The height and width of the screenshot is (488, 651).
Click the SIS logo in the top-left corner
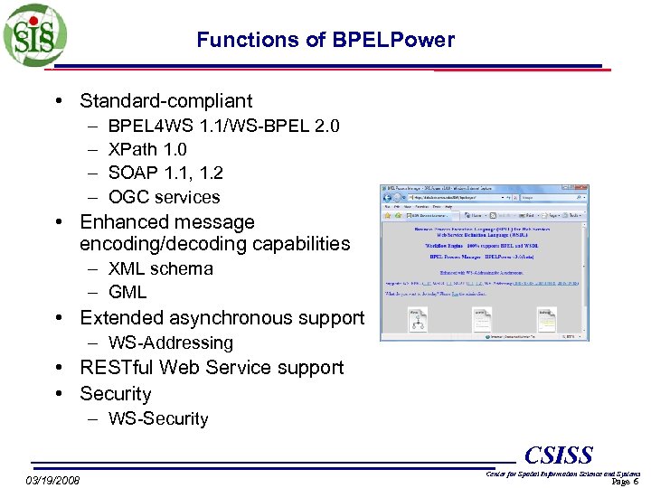[33, 34]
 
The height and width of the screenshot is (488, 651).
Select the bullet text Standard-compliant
[165, 101]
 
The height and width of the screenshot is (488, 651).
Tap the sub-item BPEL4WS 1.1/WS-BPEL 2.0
[223, 126]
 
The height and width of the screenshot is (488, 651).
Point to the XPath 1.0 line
[147, 149]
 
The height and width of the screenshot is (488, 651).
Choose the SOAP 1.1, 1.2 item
[165, 173]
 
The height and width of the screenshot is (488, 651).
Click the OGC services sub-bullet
[164, 197]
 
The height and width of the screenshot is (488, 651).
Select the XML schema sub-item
[160, 268]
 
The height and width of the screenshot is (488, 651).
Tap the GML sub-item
[127, 292]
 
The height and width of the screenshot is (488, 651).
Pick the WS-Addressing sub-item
[170, 343]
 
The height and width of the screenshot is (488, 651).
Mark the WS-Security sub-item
[158, 418]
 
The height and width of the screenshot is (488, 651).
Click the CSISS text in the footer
[559, 455]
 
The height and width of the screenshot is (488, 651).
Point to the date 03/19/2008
[52, 479]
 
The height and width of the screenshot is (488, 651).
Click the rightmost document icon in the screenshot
[547, 317]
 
